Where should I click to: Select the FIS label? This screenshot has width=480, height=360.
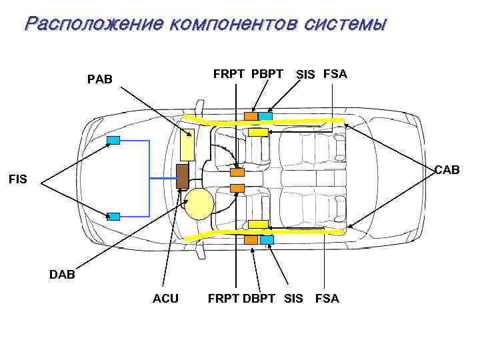(18, 178)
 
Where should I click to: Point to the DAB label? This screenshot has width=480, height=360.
(62, 274)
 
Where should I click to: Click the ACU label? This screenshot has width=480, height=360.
(165, 299)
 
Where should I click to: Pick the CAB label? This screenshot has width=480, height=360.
(447, 170)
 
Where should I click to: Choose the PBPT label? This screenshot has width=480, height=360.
(267, 73)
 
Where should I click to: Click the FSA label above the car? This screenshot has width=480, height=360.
(335, 73)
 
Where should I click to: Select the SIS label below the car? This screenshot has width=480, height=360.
(293, 299)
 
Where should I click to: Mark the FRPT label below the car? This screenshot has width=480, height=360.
(223, 299)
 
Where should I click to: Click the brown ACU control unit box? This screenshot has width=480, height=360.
(181, 176)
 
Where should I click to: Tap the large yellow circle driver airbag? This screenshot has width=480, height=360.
(199, 204)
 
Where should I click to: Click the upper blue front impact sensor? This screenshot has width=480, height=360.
(113, 139)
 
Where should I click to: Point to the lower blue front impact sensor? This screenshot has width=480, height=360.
(113, 216)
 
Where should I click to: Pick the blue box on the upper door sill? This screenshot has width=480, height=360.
(265, 116)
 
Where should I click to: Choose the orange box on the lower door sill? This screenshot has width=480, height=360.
(251, 239)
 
